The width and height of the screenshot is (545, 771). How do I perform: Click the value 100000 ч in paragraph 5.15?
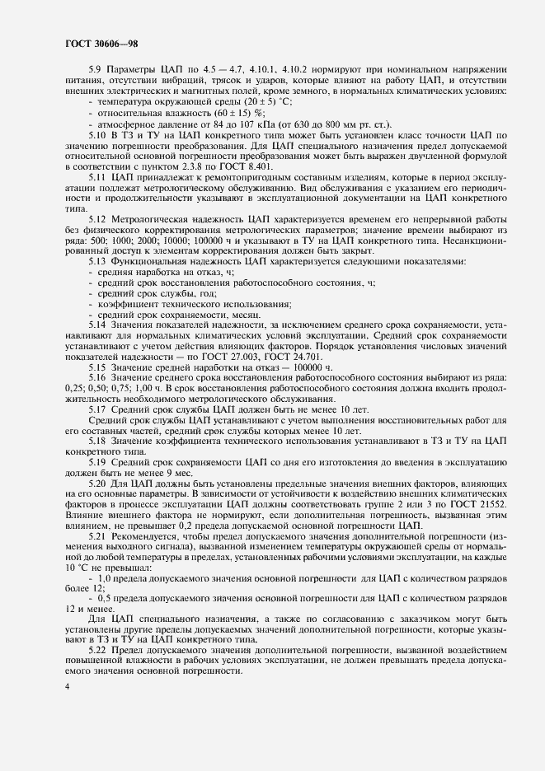(x=305, y=367)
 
